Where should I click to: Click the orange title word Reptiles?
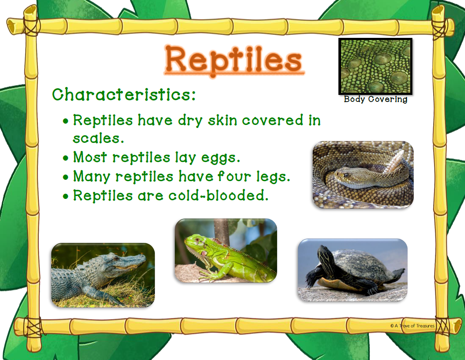(x=234, y=60)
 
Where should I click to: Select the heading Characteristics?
(x=124, y=94)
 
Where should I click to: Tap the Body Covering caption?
(x=375, y=99)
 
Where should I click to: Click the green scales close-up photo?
(x=375, y=66)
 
